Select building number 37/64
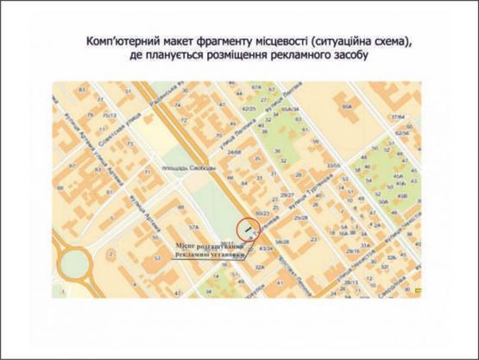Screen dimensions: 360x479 (397, 117)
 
